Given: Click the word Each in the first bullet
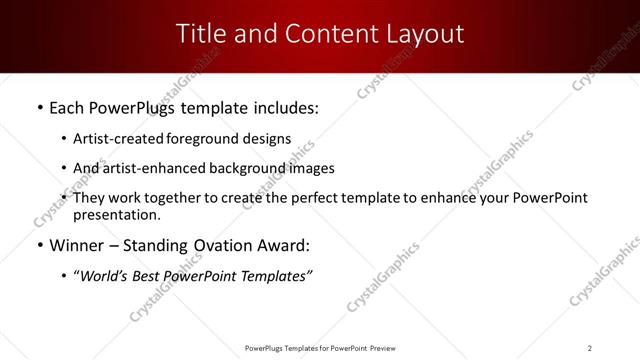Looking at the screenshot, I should (66, 106).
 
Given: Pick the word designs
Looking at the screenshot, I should (267, 139).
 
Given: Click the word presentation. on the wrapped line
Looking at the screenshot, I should (116, 214).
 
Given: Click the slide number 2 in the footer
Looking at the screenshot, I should (590, 347).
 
